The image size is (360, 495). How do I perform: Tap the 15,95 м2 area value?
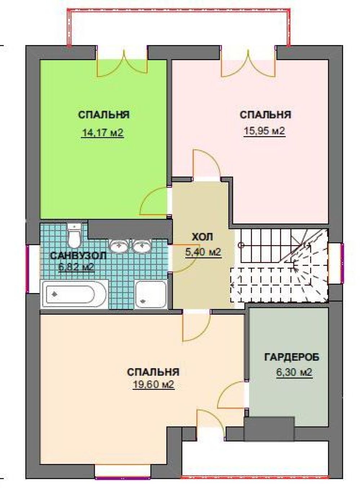(x=265, y=131)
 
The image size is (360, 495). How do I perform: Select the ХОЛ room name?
(x=202, y=237)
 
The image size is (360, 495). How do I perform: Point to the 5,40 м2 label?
(x=203, y=252)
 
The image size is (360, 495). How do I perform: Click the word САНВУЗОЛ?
(x=78, y=256)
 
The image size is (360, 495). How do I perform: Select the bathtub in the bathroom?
(x=74, y=294)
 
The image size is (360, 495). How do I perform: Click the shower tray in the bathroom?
(x=151, y=294)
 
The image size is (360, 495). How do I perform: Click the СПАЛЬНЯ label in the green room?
(x=104, y=115)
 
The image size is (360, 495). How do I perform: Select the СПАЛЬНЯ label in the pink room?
(x=265, y=115)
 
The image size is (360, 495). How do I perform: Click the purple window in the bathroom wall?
(x=28, y=269)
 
